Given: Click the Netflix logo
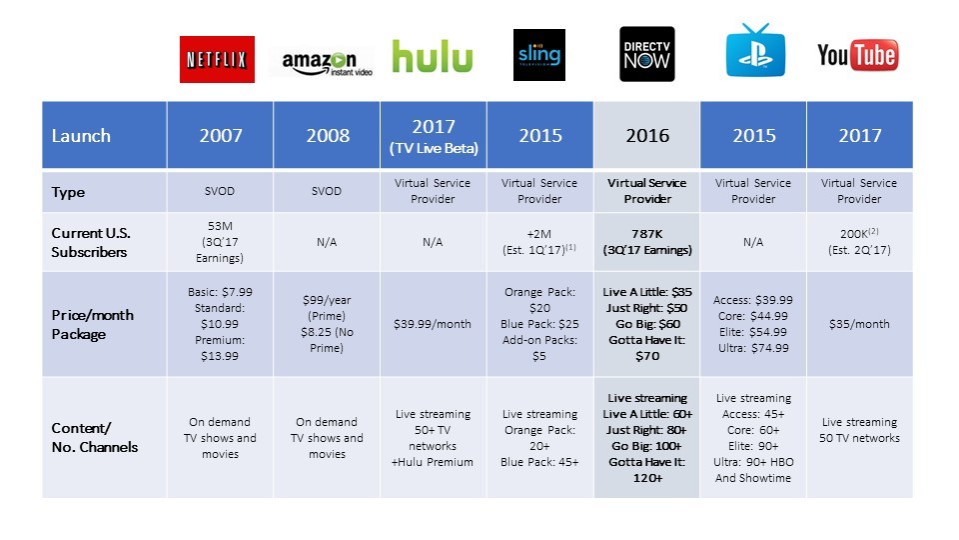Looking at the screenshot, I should [x=217, y=59].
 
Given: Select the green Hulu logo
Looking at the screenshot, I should [x=432, y=57].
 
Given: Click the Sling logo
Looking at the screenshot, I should [x=539, y=55].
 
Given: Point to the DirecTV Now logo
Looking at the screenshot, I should [x=646, y=54].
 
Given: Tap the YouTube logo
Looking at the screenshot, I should [x=857, y=56].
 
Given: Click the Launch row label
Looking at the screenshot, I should [x=82, y=135].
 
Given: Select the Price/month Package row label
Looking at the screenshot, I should [x=92, y=324].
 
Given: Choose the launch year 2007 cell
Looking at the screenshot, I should [x=220, y=135].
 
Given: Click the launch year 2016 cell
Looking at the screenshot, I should [x=647, y=135].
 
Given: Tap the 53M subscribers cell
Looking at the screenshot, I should [x=220, y=242].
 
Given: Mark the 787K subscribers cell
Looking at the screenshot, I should [x=647, y=242].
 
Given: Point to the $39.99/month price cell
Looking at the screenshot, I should [x=433, y=324].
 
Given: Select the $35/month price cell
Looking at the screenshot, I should [x=860, y=324].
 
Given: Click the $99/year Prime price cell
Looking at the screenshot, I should [x=327, y=324].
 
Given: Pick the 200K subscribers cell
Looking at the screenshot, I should [x=860, y=242].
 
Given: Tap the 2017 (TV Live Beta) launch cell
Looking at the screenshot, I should [x=433, y=135].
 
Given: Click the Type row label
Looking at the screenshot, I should [x=68, y=192].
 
